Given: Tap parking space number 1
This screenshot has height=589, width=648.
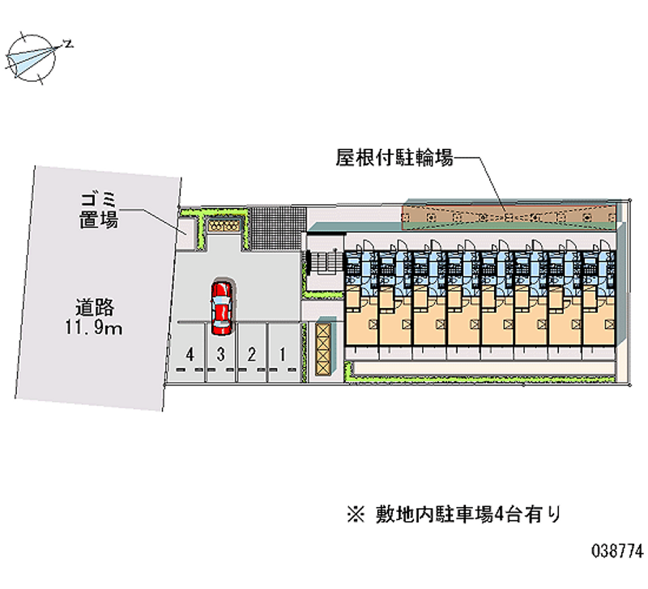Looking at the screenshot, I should [x=282, y=353].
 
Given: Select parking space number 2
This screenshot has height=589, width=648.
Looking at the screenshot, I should [x=252, y=353].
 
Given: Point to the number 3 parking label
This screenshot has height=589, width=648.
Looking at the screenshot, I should [x=220, y=353].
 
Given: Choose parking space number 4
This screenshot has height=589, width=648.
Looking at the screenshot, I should [x=190, y=353].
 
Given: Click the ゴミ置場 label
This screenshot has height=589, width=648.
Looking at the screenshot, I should [x=100, y=208].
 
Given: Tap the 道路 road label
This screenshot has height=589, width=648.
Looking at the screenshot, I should [x=94, y=307].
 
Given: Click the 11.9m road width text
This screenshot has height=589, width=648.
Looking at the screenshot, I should [x=94, y=328].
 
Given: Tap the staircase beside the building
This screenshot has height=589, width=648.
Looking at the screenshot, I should [x=326, y=261].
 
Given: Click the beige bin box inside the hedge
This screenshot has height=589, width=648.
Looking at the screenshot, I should [x=224, y=226].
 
